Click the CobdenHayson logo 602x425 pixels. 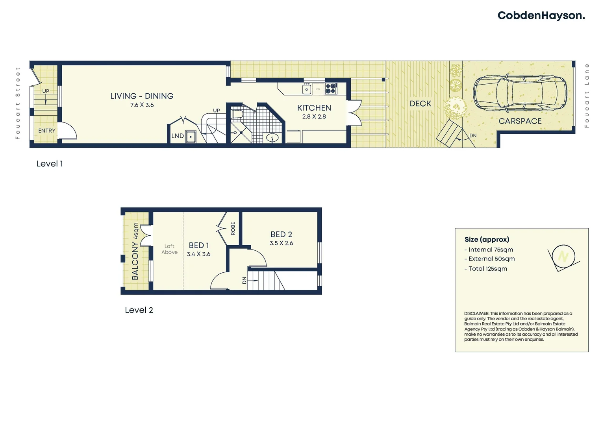click(x=541, y=16)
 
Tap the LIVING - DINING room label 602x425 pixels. click(x=142, y=96)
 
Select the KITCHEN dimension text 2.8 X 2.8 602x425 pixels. click(x=314, y=116)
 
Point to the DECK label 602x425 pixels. click(x=420, y=103)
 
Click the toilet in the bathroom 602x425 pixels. click(x=237, y=114)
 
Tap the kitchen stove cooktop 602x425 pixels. click(x=331, y=89)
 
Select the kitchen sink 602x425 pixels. click(x=307, y=89)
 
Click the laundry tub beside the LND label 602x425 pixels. click(x=191, y=137)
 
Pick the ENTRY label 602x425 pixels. click(x=47, y=131)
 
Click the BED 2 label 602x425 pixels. click(x=281, y=235)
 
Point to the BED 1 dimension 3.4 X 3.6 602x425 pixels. click(x=198, y=254)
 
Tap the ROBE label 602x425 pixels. click(x=233, y=228)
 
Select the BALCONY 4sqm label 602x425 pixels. click(x=135, y=251)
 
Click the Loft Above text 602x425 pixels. click(x=169, y=249)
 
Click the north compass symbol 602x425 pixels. click(x=563, y=257)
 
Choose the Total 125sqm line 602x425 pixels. click(x=487, y=269)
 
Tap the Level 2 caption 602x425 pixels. click(x=139, y=310)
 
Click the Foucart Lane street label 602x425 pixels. click(x=587, y=96)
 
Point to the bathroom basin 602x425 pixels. click(x=272, y=138)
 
